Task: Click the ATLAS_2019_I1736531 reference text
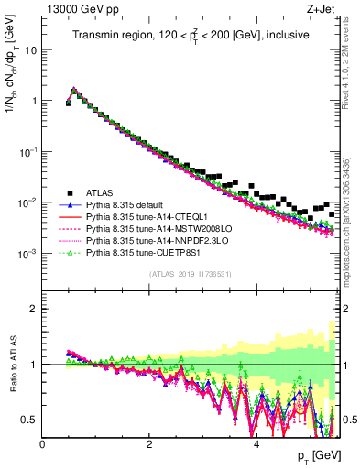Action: click(x=189, y=274)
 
